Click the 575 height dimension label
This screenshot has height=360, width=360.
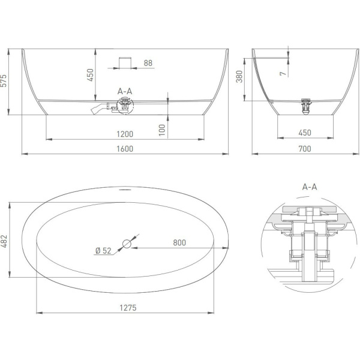click(x=4, y=80)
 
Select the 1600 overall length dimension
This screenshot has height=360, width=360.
click(x=125, y=149)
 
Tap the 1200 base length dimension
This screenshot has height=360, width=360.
click(x=125, y=134)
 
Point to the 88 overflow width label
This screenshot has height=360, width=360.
click(x=148, y=63)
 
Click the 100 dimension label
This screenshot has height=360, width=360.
click(x=162, y=130)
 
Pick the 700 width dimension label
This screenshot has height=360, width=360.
click(x=305, y=149)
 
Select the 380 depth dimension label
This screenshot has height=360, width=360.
click(x=239, y=76)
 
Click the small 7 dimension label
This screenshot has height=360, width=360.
click(x=283, y=73)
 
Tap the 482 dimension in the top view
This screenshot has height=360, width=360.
click(x=4, y=241)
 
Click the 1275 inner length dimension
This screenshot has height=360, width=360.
click(x=128, y=308)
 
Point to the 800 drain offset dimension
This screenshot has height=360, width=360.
click(x=179, y=242)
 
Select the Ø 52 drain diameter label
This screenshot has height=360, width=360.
click(x=103, y=251)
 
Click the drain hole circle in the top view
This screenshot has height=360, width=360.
click(x=127, y=244)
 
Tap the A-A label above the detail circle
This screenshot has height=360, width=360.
click(x=310, y=187)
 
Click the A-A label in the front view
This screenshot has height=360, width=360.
click(x=125, y=91)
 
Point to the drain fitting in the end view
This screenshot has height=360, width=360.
click(x=305, y=106)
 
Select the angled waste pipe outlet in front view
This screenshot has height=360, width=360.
click(x=97, y=110)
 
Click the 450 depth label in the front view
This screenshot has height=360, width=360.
click(x=90, y=75)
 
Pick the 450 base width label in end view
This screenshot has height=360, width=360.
click(x=305, y=133)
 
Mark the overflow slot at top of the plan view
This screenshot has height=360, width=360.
click(x=125, y=190)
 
